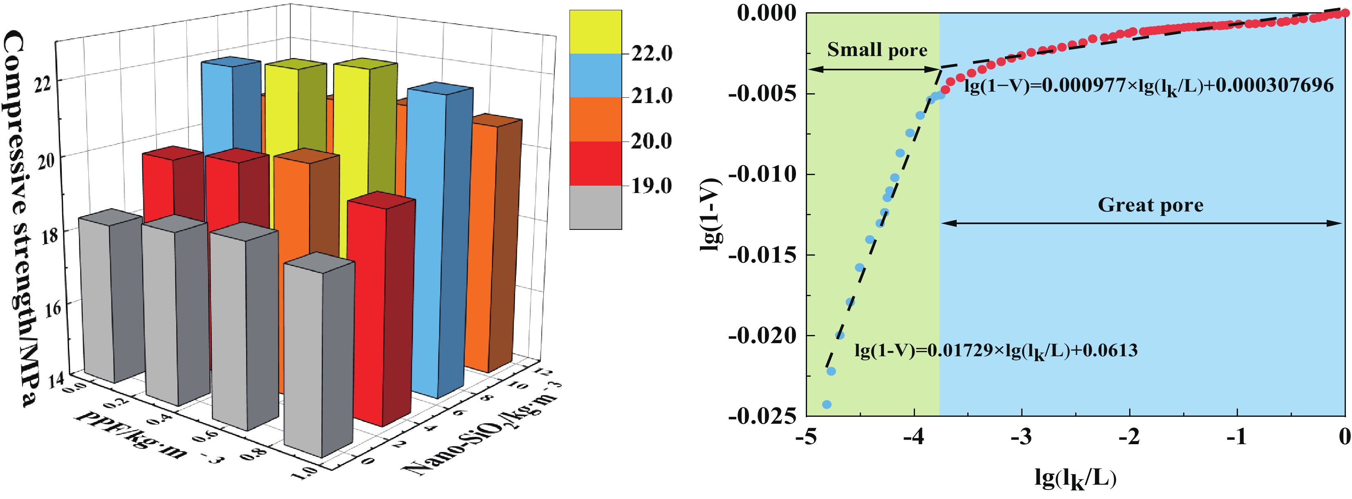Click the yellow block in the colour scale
(595, 31)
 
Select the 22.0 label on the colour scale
(651, 53)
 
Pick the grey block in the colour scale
(595, 207)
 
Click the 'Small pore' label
(877, 50)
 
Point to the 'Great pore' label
(1150, 205)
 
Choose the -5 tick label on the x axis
(806, 436)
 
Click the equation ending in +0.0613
(996, 351)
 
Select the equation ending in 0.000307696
(1148, 85)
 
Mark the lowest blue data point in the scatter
(827, 405)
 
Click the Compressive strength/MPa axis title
(21, 218)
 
